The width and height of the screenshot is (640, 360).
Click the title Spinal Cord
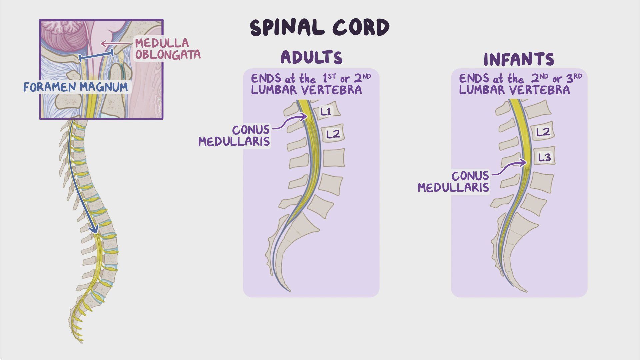coord(319,27)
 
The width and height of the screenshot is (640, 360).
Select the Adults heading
coord(311,57)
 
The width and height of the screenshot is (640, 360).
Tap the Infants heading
coord(519,60)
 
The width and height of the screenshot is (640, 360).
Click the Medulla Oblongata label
coord(167,49)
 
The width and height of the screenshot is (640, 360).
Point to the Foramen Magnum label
coord(76,87)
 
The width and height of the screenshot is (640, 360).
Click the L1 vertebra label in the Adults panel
coord(326,112)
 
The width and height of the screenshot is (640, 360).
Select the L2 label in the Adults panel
coord(333,134)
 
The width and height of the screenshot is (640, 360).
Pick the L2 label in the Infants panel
coord(543,132)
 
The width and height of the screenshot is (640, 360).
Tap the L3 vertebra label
coord(544,157)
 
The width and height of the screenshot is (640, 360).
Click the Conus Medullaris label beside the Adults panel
coord(234,135)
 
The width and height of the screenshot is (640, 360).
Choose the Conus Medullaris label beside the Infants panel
coord(454,181)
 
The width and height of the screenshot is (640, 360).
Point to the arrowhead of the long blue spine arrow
coord(95,230)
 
